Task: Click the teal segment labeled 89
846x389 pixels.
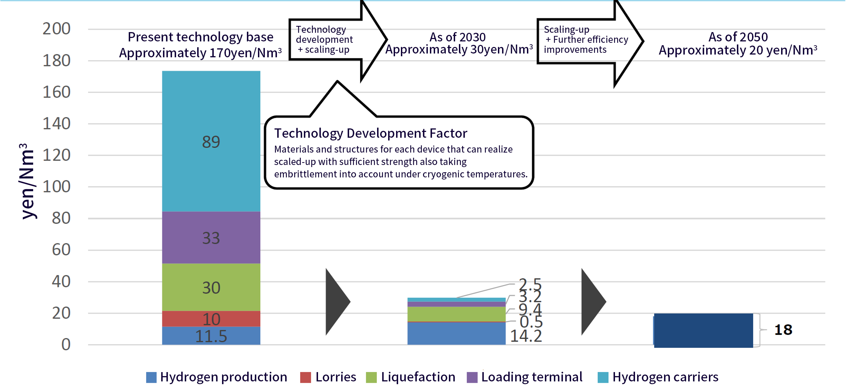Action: [x=211, y=141]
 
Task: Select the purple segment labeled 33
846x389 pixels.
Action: [x=211, y=237]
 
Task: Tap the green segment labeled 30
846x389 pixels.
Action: [x=211, y=287]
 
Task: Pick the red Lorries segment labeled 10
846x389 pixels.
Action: [x=211, y=319]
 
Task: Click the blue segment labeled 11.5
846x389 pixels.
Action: [x=211, y=336]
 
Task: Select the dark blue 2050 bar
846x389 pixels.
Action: [x=703, y=330]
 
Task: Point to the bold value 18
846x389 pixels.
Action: [x=783, y=330]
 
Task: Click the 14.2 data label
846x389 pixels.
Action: [x=526, y=336]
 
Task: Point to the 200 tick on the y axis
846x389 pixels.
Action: [x=57, y=29]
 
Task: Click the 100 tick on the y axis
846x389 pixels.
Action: [x=57, y=187]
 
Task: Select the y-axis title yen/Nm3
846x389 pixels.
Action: [x=27, y=181]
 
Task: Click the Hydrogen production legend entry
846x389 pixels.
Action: [x=217, y=377]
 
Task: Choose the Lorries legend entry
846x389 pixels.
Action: [x=328, y=377]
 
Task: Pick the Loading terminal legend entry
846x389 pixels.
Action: [x=525, y=377]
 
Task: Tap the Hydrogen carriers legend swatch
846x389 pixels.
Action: [x=603, y=377]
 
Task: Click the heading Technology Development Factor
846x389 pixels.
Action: [x=371, y=133]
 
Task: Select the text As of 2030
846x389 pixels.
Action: [x=458, y=37]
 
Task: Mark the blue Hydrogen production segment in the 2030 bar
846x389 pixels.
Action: [x=456, y=333]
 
